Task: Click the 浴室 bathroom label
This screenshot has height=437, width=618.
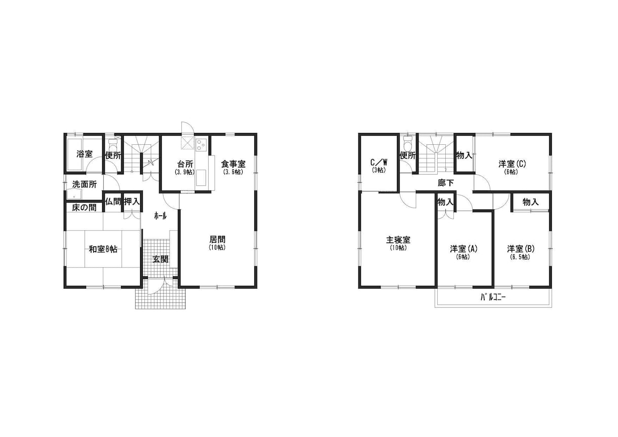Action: pos(85,154)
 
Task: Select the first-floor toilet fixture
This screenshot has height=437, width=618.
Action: pos(113,144)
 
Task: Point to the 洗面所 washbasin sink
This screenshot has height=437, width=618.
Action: pos(74,194)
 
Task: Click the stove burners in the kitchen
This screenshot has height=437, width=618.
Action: pos(202,145)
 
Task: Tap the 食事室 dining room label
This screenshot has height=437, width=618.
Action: pos(233,164)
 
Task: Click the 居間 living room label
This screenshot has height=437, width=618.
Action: pos(217,239)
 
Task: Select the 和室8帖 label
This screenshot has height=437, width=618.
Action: pos(103,249)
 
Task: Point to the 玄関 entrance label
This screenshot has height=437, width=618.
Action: pos(161,259)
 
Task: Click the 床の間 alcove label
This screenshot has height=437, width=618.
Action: pos(85,208)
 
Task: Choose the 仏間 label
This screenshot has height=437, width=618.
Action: pos(113,202)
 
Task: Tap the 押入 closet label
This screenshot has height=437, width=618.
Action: pos(132,202)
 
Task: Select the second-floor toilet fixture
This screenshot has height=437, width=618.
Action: pos(408,143)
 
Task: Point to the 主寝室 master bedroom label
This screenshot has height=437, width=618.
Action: pos(398,240)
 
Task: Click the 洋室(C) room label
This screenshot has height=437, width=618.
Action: pos(512,164)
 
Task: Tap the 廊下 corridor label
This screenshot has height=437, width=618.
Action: pos(446,183)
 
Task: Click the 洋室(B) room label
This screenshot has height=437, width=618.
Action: pos(521,249)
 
